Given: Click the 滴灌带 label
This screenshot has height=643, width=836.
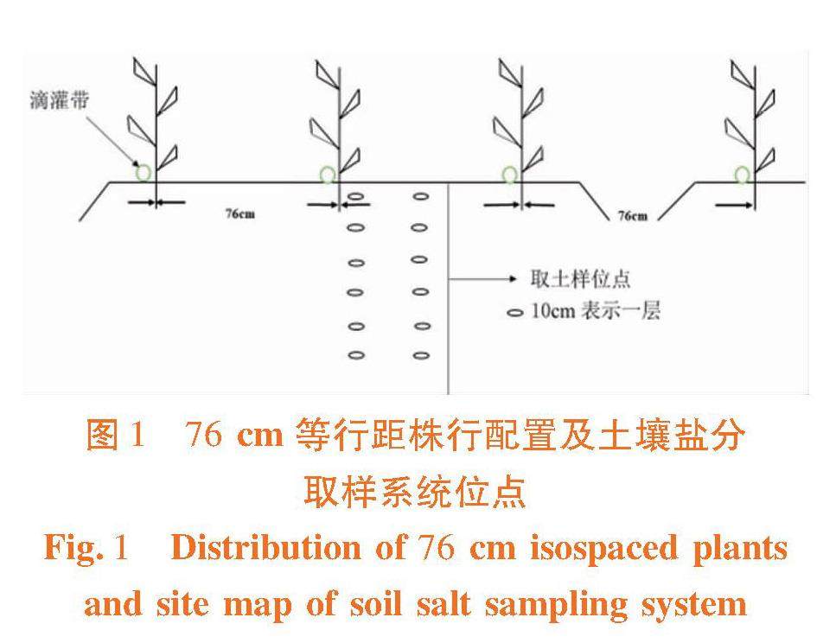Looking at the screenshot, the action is [60, 102].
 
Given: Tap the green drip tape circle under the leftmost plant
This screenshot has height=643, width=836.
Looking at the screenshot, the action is [143, 173].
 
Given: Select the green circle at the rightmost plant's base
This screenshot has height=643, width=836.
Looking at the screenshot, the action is [742, 175].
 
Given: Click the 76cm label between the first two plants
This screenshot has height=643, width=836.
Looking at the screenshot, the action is [239, 213].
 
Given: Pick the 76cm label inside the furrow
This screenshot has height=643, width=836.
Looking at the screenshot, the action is [632, 215].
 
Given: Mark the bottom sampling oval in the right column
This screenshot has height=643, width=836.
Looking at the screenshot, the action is [421, 354].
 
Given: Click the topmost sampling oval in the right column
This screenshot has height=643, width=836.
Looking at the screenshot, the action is [421, 197].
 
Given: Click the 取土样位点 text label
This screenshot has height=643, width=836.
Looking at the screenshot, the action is [580, 279].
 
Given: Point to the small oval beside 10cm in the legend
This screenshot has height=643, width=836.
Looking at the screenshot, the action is [515, 313].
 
